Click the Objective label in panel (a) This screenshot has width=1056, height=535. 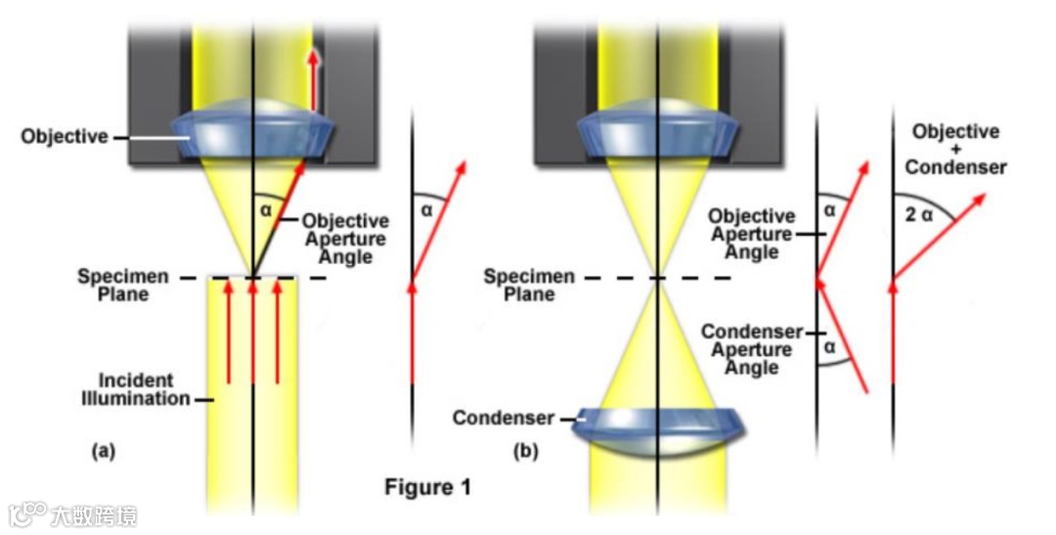pos(65,137)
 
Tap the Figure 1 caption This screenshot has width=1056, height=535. pos(426,486)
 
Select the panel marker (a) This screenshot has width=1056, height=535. pos(103,451)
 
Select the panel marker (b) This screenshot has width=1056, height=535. pos(525,452)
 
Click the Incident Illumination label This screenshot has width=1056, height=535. pos(143,388)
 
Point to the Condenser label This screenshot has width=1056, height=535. pos(503,419)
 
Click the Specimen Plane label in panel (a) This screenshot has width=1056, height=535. pos(115,286)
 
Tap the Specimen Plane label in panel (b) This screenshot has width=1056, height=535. pos(529,286)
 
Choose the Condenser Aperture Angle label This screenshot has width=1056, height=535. pos(752,349)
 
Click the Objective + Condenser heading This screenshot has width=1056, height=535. pos(954,149)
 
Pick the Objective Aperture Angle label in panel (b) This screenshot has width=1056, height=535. pos(752,234)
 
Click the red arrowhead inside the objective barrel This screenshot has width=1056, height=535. pos(314,58)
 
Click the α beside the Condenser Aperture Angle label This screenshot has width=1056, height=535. pos(829,346)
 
